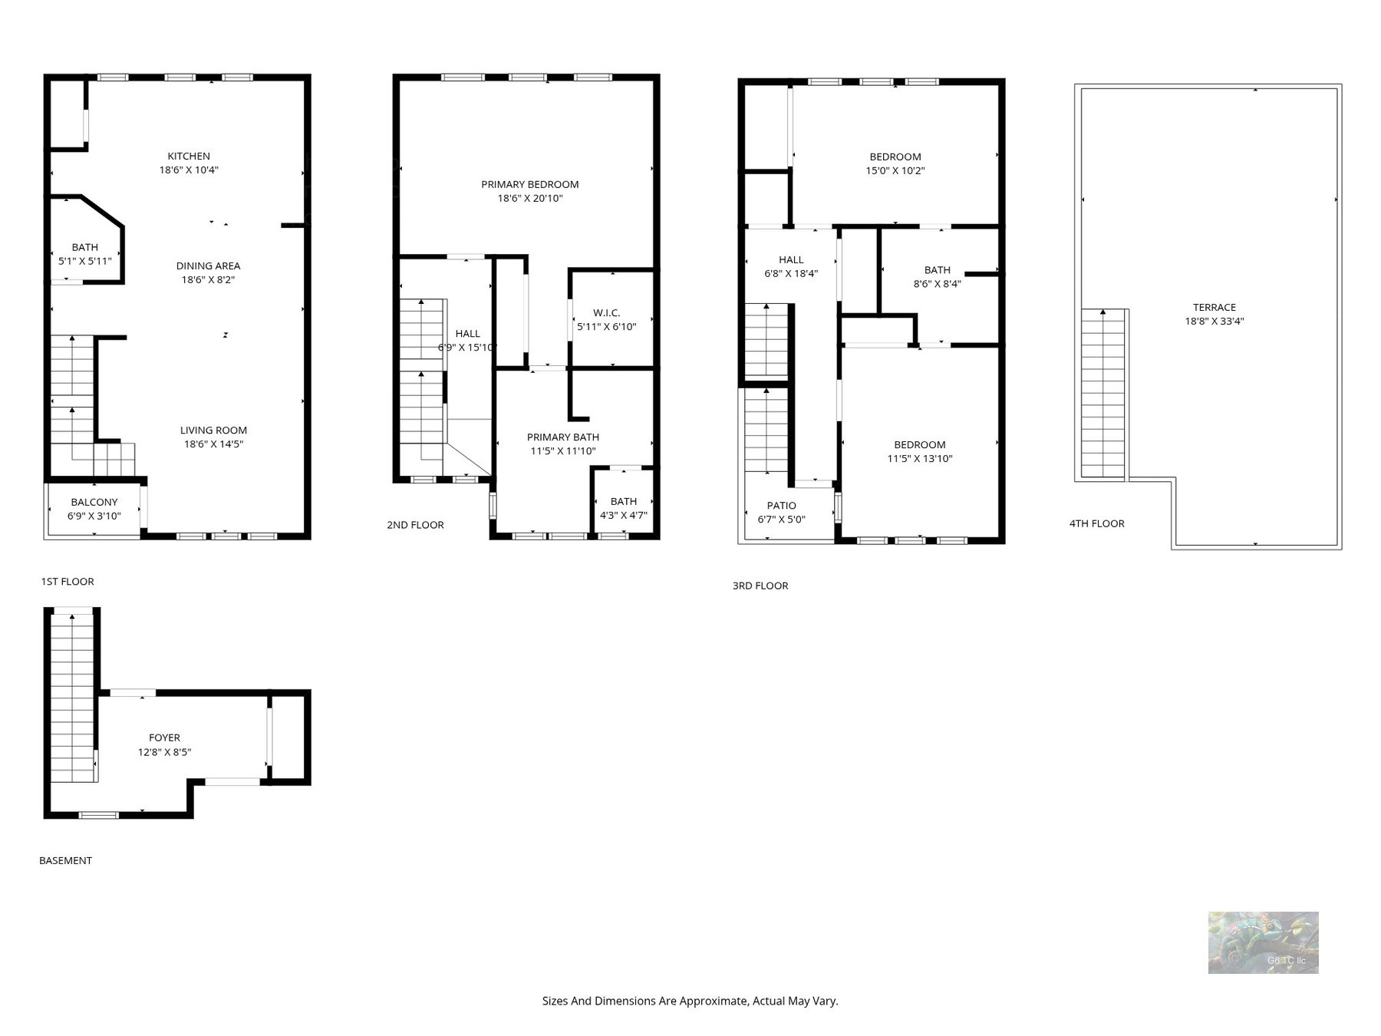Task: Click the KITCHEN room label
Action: [189, 157]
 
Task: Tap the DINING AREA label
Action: [208, 266]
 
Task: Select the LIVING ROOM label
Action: [213, 431]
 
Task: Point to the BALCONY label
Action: [94, 503]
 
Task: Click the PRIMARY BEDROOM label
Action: [530, 184]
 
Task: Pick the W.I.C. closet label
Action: [606, 313]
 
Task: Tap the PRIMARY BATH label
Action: [563, 437]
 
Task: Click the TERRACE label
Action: [1215, 308]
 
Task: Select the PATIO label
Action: [782, 506]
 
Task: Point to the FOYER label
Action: [164, 738]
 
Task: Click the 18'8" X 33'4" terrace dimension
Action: [1215, 322]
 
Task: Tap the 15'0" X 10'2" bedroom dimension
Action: [895, 171]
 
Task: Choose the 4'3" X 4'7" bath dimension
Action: [624, 516]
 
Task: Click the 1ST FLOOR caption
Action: [68, 582]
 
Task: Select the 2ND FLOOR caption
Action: [415, 525]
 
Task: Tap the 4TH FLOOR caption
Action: [1097, 523]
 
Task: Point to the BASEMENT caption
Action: [65, 861]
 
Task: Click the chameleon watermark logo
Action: [1263, 942]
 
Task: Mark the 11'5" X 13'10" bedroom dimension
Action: [920, 459]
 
